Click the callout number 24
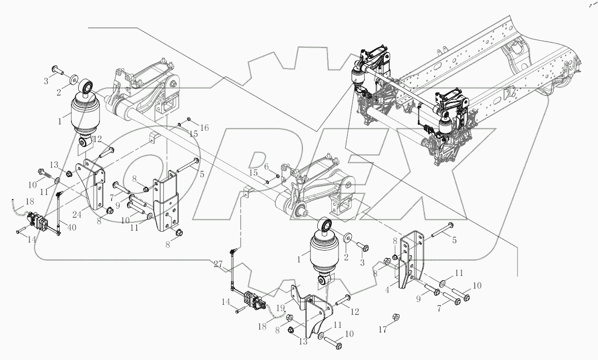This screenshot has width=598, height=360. [x=77, y=215]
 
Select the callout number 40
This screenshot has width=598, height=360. [x=71, y=227]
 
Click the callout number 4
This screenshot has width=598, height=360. [x=387, y=291]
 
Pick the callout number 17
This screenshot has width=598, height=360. [x=383, y=330]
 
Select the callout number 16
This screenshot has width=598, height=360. [x=204, y=128]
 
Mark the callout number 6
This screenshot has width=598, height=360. [x=266, y=166]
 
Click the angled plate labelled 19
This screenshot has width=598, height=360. [x=296, y=294]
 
